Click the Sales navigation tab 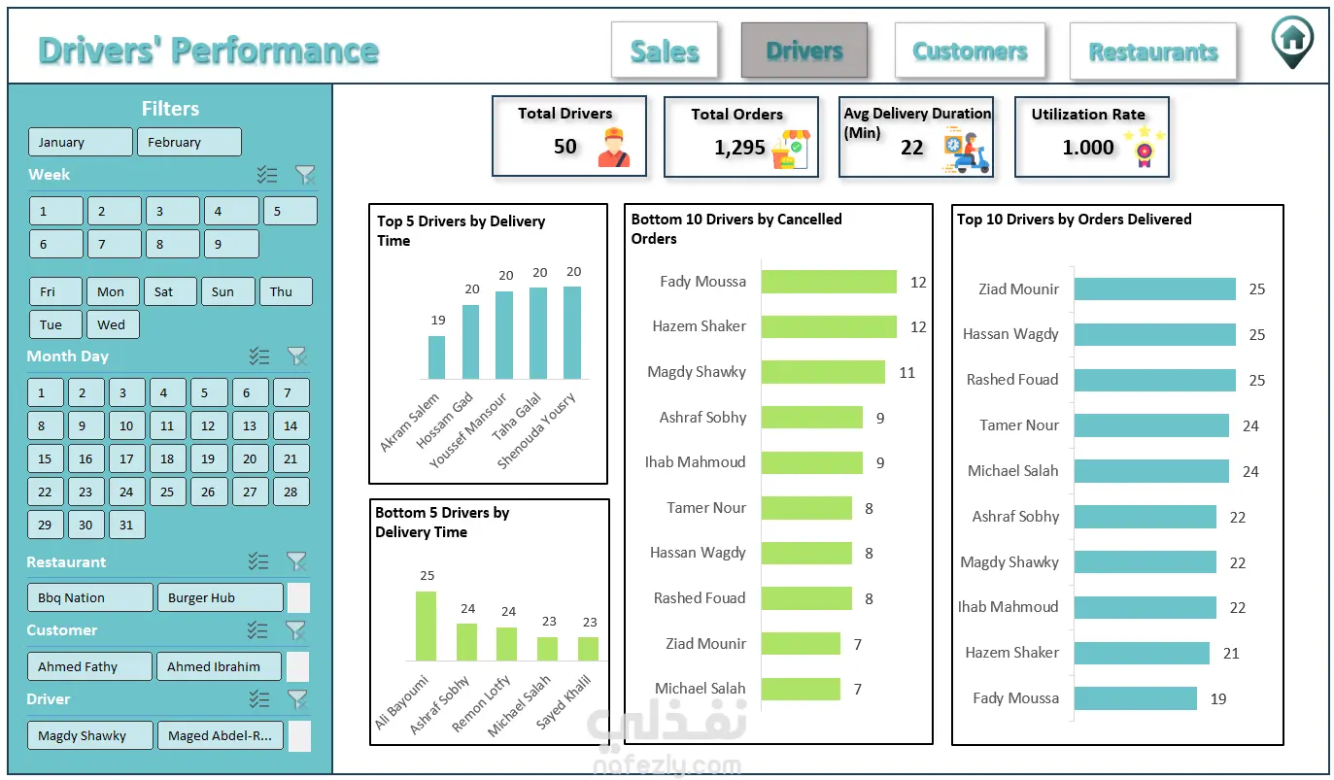pyautogui.click(x=664, y=51)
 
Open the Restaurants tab pyautogui.click(x=1153, y=51)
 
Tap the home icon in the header pyautogui.click(x=1292, y=42)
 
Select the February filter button pyautogui.click(x=189, y=142)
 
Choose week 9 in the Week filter pyautogui.click(x=231, y=244)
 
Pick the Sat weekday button pyautogui.click(x=170, y=291)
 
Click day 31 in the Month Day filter pyautogui.click(x=126, y=525)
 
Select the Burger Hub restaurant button pyautogui.click(x=220, y=597)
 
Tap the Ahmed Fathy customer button pyautogui.click(x=89, y=666)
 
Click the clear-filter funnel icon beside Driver pyautogui.click(x=296, y=699)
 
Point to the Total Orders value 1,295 pyautogui.click(x=739, y=147)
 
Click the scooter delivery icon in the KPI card pyautogui.click(x=967, y=151)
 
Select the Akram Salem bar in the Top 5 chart pyautogui.click(x=436, y=357)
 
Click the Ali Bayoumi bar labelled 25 pyautogui.click(x=426, y=626)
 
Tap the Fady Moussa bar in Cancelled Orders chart pyautogui.click(x=829, y=282)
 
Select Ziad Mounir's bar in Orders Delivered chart pyautogui.click(x=1155, y=288)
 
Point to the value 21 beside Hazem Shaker pyautogui.click(x=1231, y=653)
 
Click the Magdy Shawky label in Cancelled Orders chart pyautogui.click(x=697, y=371)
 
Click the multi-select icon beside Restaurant pyautogui.click(x=258, y=561)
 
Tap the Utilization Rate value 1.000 pyautogui.click(x=1088, y=147)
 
